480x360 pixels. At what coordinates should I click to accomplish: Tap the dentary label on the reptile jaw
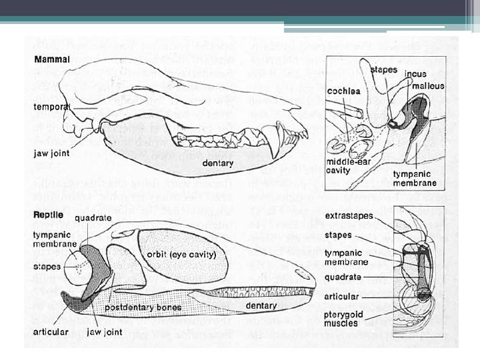pos(261,306)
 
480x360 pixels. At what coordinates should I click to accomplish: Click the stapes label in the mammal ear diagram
pos(384,69)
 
